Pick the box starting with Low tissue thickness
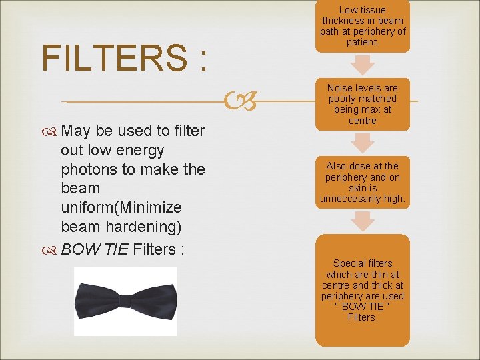(362, 25)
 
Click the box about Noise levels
(362, 104)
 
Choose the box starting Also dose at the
(362, 182)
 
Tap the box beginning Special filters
(362, 290)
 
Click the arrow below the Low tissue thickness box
(363, 65)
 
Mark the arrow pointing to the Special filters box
(363, 221)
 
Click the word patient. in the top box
(363, 42)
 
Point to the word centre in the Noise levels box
(363, 121)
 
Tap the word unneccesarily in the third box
(351, 199)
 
